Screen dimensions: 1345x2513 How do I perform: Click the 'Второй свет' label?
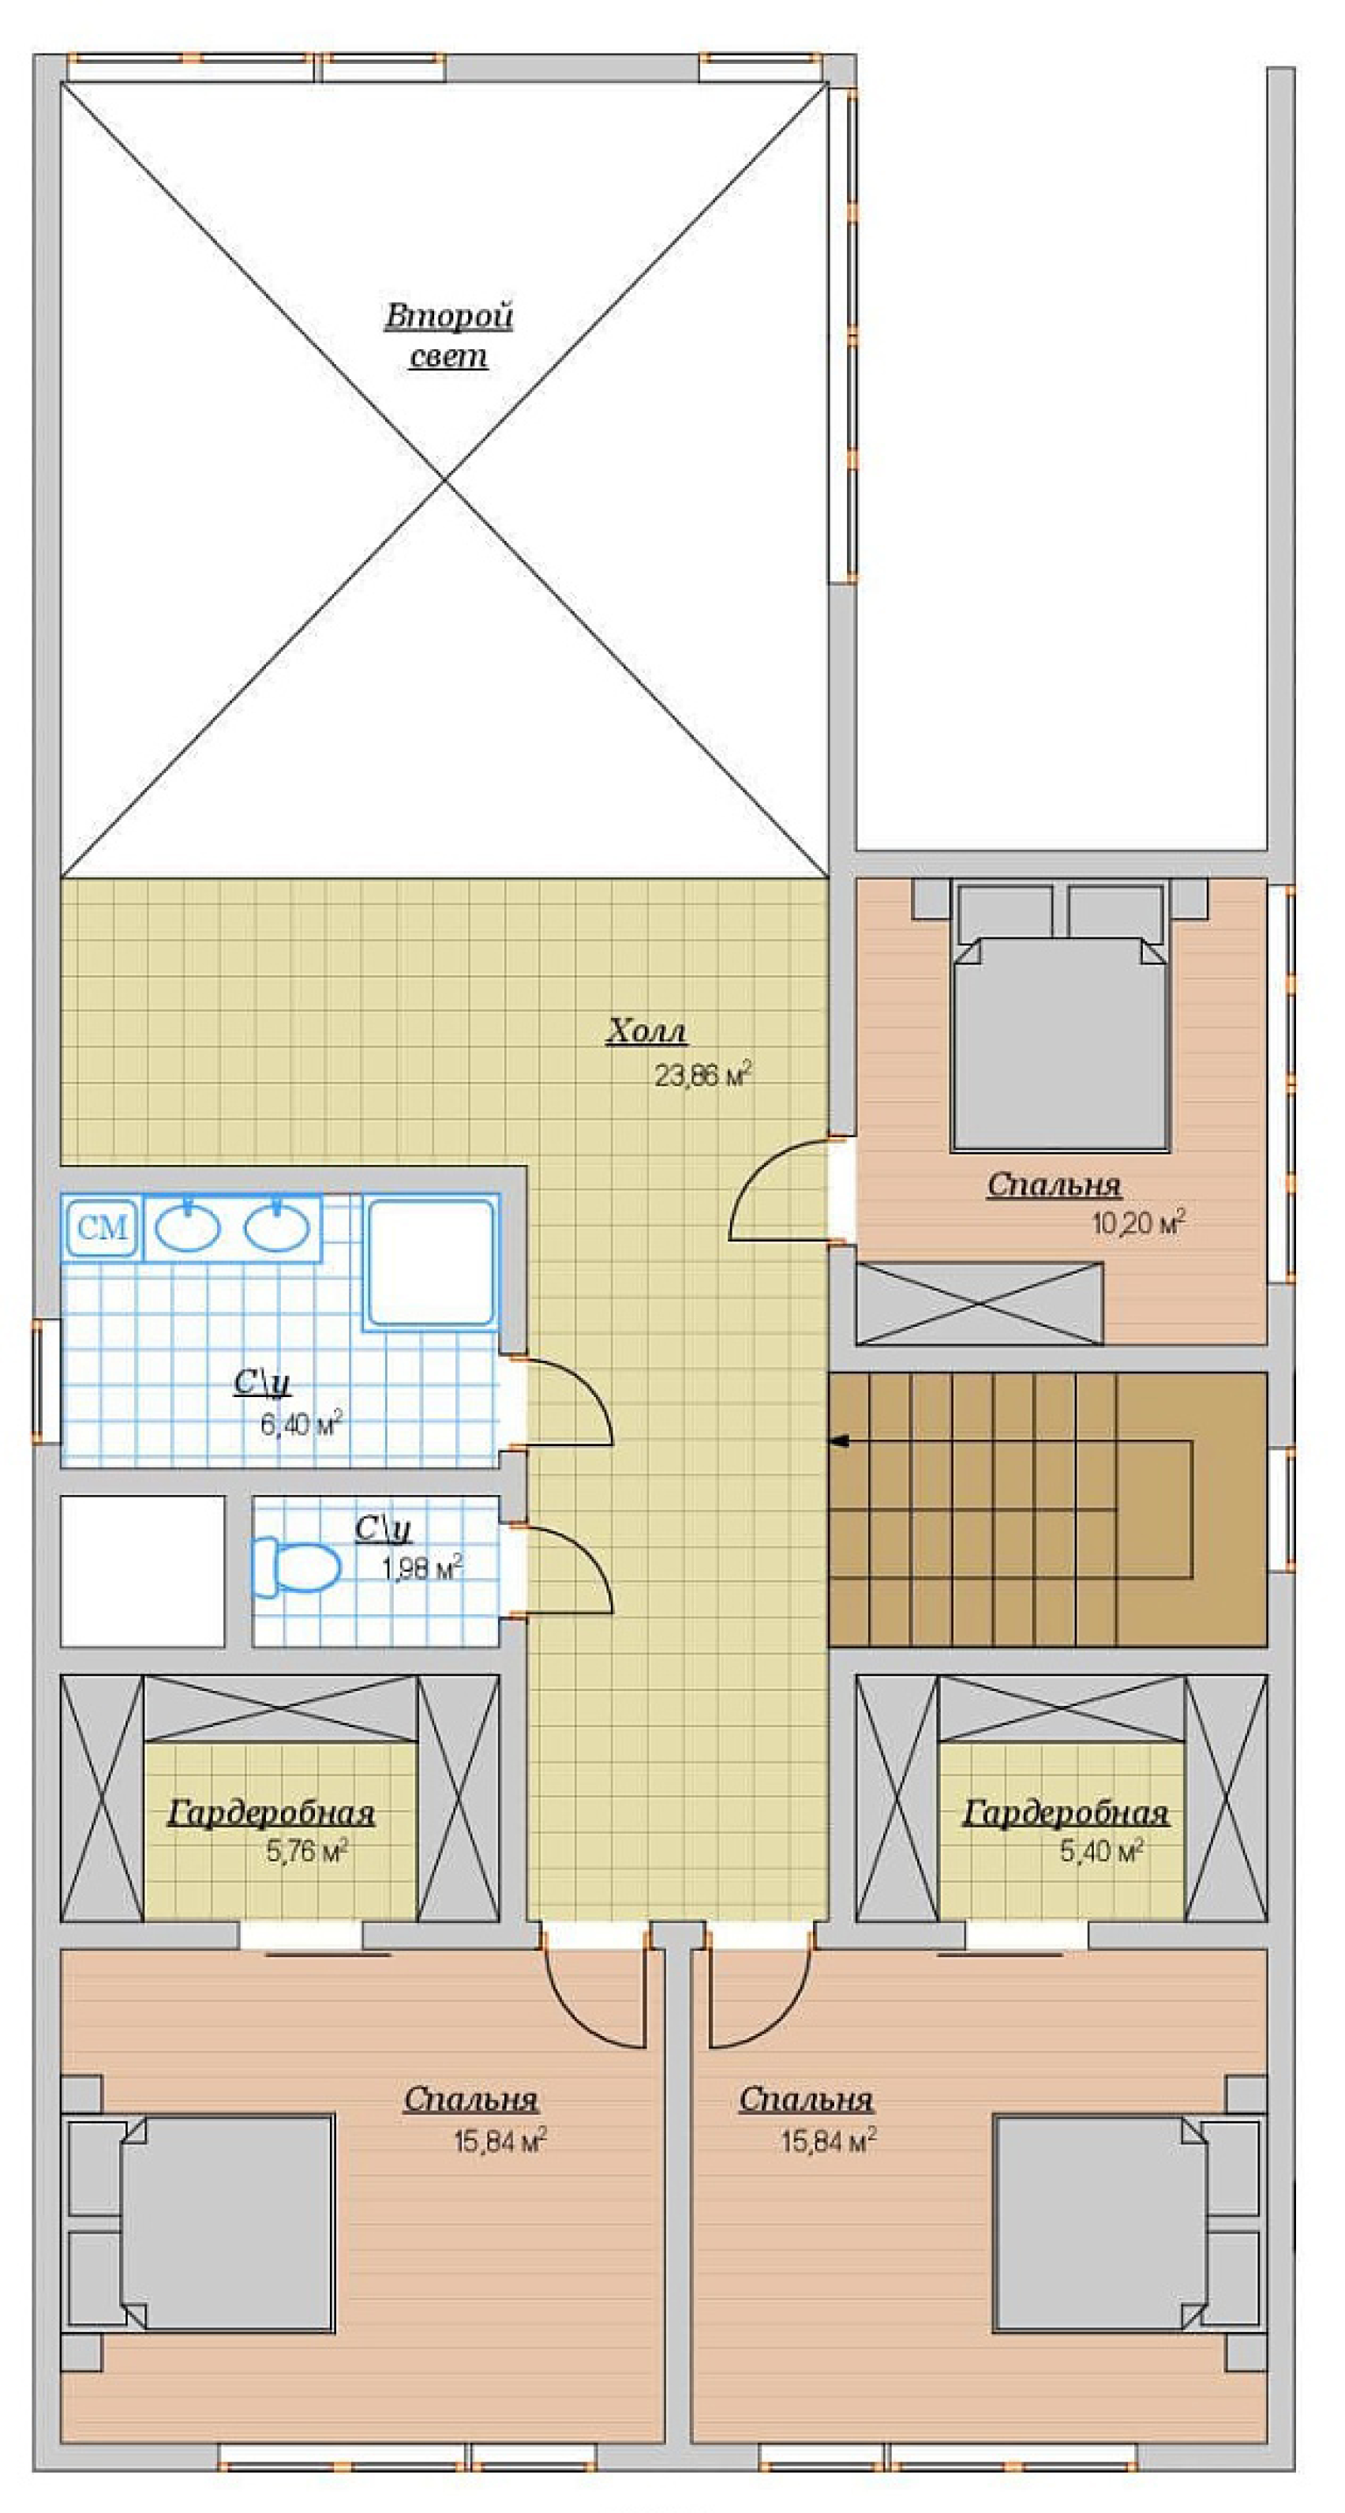[x=448, y=336]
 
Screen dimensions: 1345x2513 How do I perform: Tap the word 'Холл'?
[x=646, y=1031]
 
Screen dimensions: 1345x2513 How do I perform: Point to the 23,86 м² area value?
[x=703, y=1075]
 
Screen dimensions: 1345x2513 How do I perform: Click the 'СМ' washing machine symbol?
[x=103, y=1227]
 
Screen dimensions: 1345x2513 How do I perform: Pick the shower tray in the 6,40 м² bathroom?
[x=430, y=1262]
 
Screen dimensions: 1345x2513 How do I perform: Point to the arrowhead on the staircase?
[x=839, y=1440]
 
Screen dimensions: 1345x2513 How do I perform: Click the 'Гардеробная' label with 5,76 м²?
[x=272, y=1813]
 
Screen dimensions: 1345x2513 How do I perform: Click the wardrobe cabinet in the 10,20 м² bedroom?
[x=980, y=1303]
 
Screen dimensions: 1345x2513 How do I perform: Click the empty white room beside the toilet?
[x=142, y=1572]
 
